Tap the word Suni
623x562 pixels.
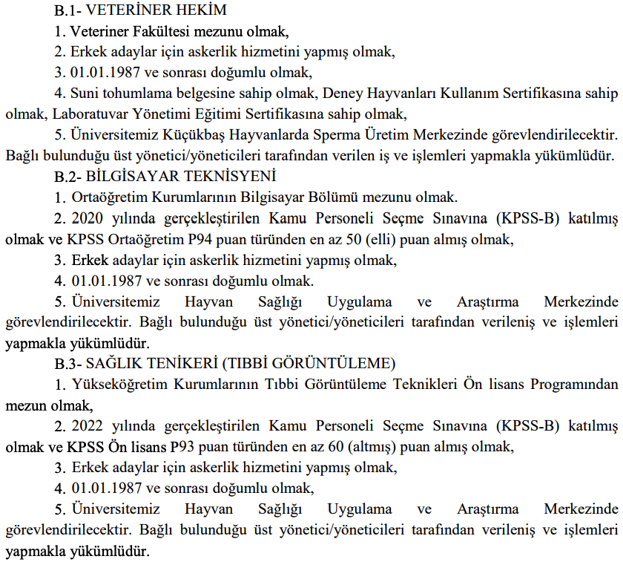[85, 94]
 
